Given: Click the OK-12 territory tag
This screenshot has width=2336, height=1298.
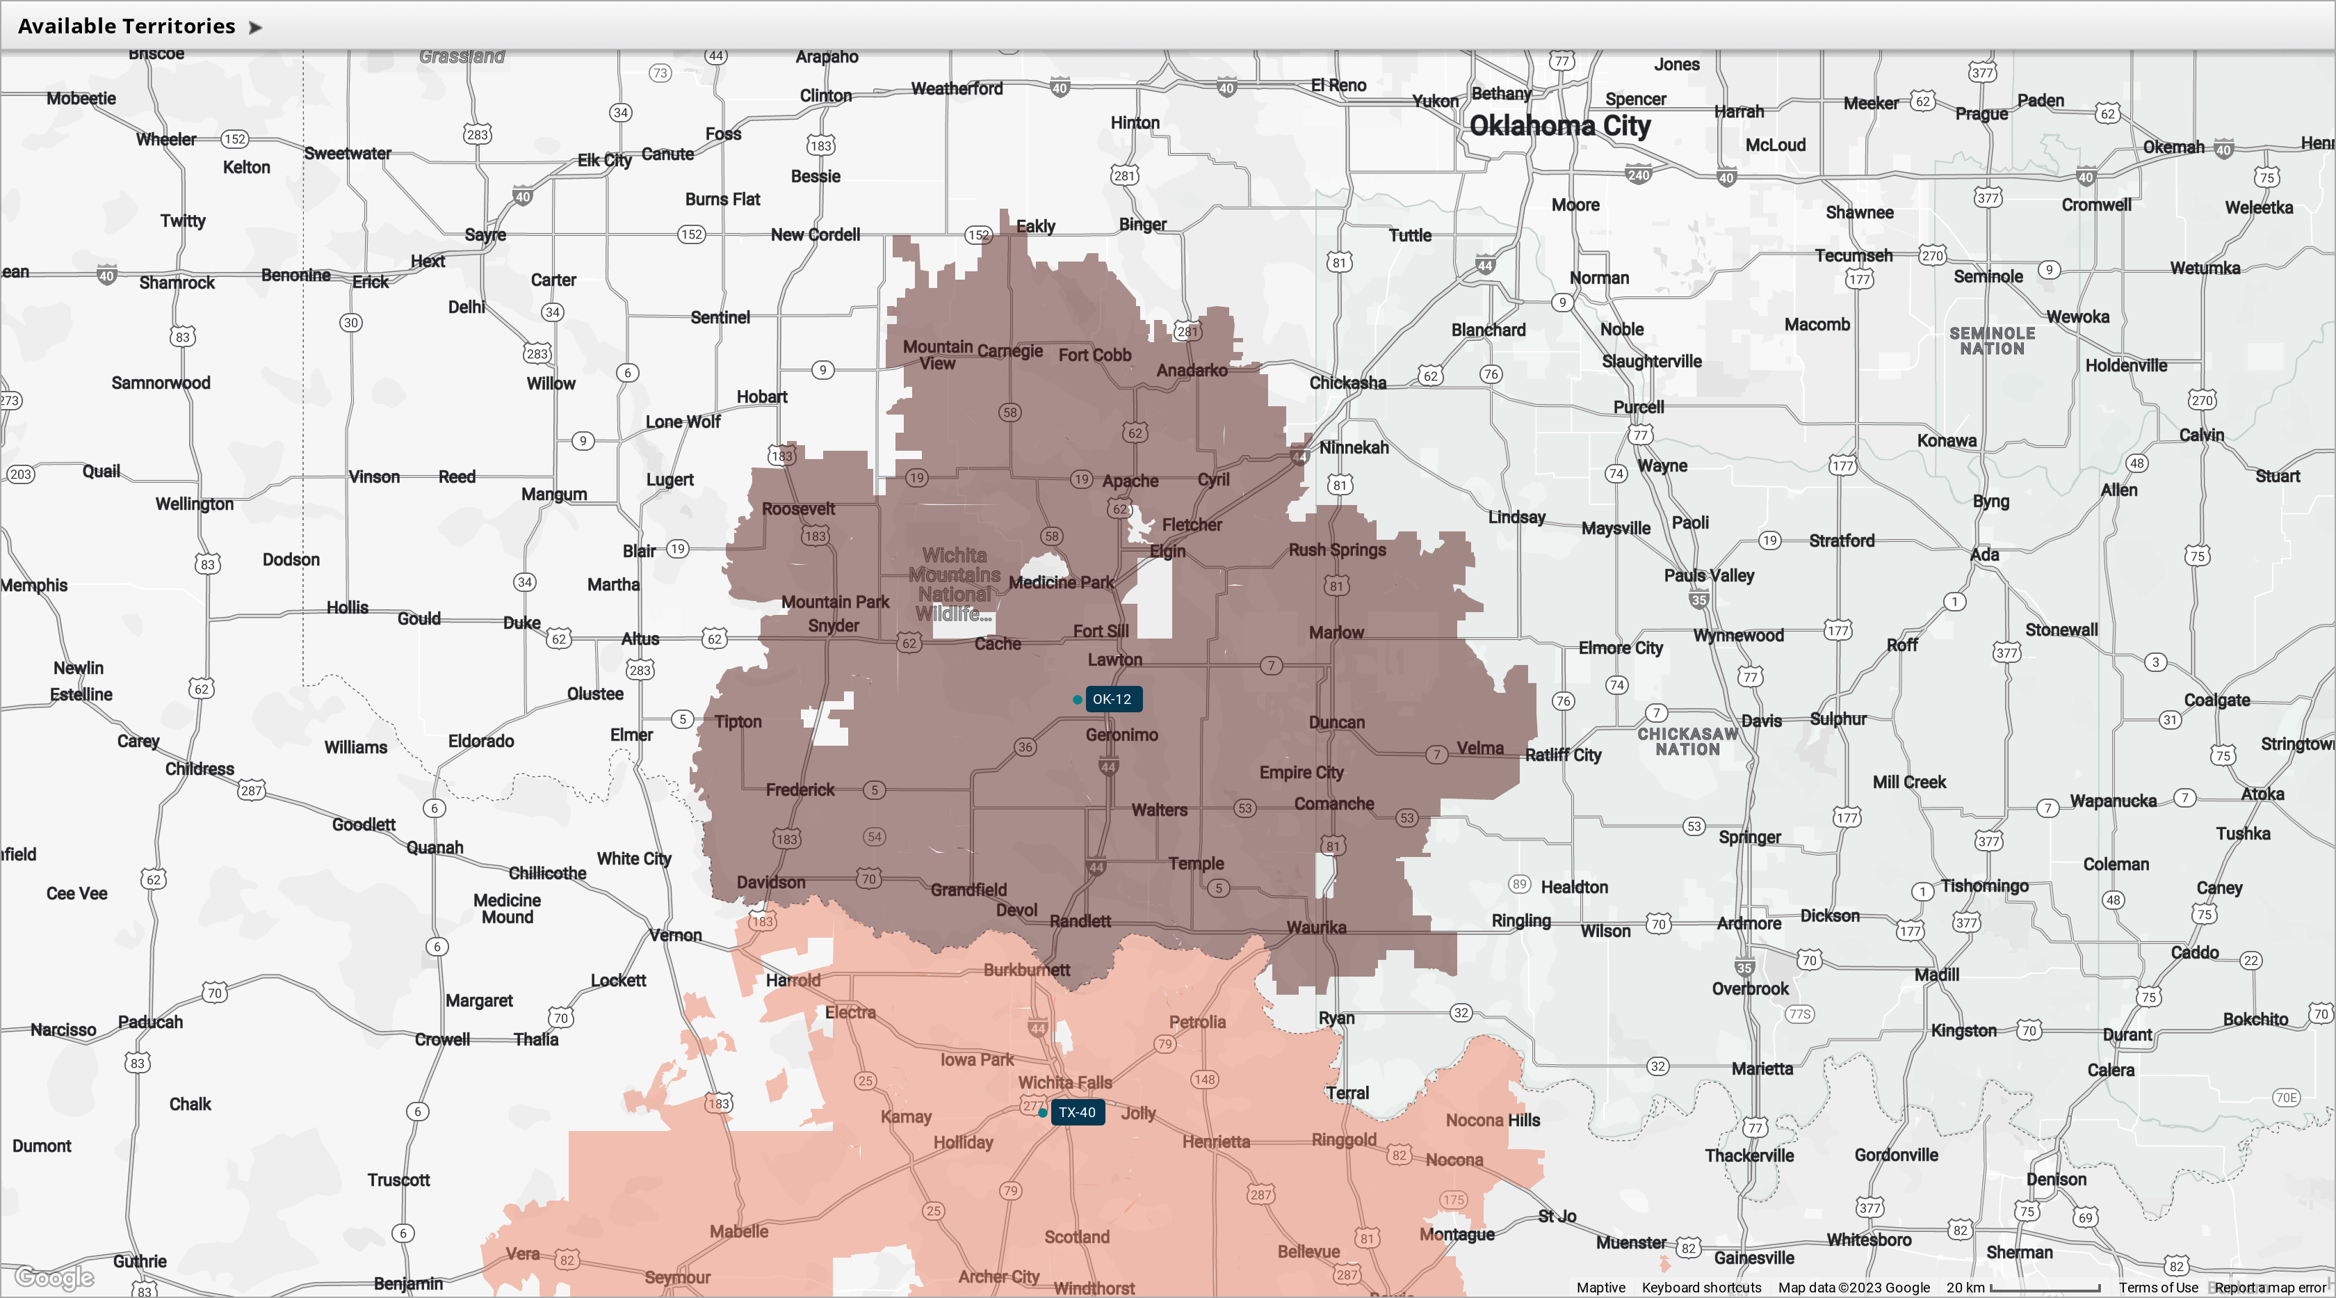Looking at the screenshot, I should coord(1112,699).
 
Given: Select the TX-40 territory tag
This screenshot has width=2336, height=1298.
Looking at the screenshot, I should coord(1078,1112).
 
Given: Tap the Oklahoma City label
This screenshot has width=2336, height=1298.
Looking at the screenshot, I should coord(1559,125).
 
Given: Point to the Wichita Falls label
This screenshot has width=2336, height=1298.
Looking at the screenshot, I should coord(1064,1082).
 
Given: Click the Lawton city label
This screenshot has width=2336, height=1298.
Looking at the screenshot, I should coord(1114,659).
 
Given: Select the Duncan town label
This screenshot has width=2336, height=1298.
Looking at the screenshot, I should coord(1337,722).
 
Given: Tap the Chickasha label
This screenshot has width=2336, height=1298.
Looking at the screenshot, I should coord(1347,383).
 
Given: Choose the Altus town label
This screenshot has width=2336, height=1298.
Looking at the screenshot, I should coord(640,639).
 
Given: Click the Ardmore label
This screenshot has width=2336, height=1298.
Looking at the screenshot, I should coord(1749,923).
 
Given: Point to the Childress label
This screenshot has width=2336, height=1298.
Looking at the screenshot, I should coord(200,768).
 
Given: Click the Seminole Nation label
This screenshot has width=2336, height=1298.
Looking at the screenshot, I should coord(1993,341).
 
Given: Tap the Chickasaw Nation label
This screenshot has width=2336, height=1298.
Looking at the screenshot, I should coord(1687,741).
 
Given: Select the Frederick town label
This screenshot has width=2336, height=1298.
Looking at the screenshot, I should coord(800,789).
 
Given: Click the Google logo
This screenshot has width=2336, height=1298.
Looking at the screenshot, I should coord(54,1277).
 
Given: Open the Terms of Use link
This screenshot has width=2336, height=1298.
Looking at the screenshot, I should coord(2158,1287).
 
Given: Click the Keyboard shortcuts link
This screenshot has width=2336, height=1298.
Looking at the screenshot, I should coord(1701,1287).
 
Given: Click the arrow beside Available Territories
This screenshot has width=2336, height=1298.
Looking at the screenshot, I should coord(256,27).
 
